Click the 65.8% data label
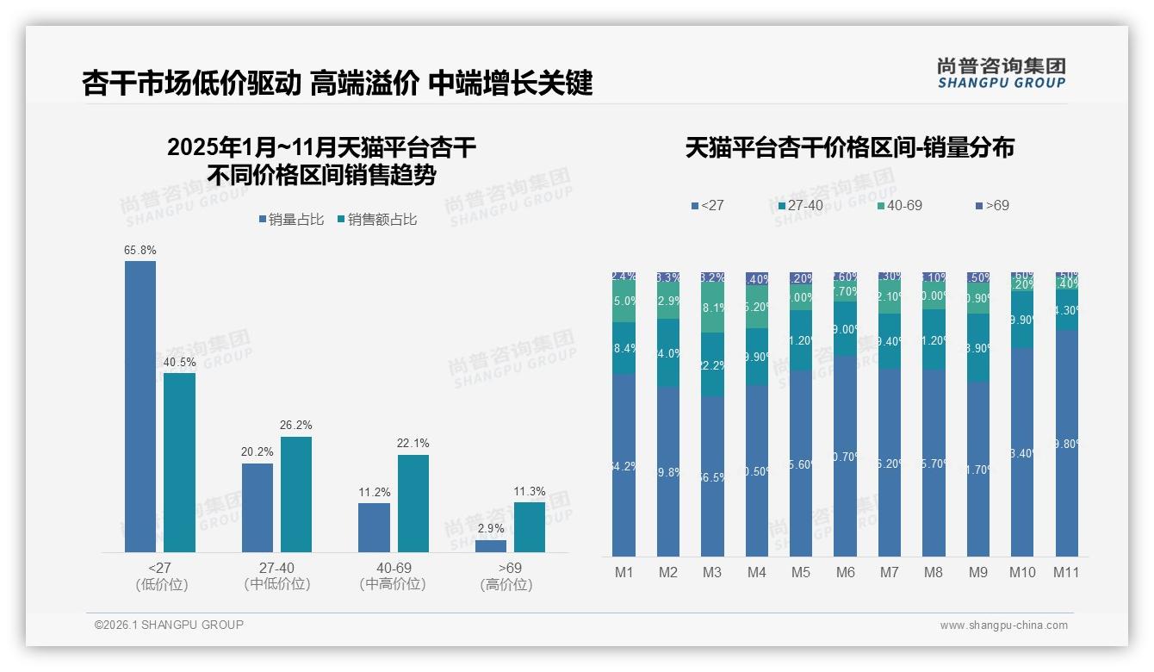[140, 250]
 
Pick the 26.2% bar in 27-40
[296, 495]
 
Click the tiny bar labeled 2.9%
[491, 546]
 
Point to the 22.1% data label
[413, 443]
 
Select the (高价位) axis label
[506, 584]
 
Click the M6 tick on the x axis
[845, 572]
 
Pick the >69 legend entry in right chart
[992, 206]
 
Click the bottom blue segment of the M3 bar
[712, 476]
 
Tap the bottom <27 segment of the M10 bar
[1021, 452]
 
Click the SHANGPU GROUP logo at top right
[1001, 73]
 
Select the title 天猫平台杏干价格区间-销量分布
[849, 148]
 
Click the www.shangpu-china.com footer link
[1003, 625]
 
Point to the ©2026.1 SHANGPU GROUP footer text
[169, 625]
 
